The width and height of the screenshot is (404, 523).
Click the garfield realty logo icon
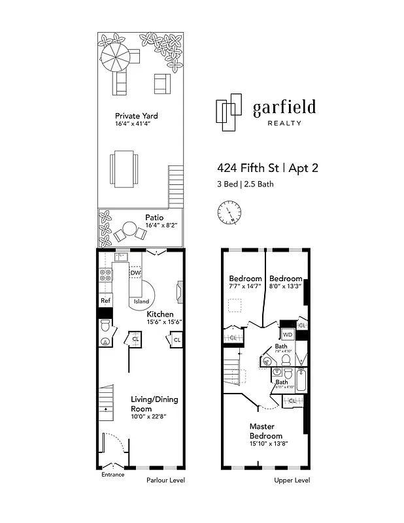coord(228,116)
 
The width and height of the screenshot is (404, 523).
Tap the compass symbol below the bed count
coord(229,212)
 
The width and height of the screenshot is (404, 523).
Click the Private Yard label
coord(136,116)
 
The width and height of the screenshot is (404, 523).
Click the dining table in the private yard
coord(124,167)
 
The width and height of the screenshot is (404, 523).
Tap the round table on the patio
coord(129,230)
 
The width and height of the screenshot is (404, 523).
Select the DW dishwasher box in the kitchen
coord(135,273)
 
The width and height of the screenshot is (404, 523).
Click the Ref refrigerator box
coord(105,301)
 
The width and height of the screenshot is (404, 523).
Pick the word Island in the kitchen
coord(141,301)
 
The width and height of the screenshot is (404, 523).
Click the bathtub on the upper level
coord(301,380)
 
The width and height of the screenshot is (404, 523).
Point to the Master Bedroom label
coord(265,431)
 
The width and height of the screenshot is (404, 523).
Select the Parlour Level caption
coord(165,481)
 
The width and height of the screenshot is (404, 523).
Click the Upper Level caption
coord(292,481)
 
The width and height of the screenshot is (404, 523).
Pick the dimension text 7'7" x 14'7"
coord(245,286)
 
